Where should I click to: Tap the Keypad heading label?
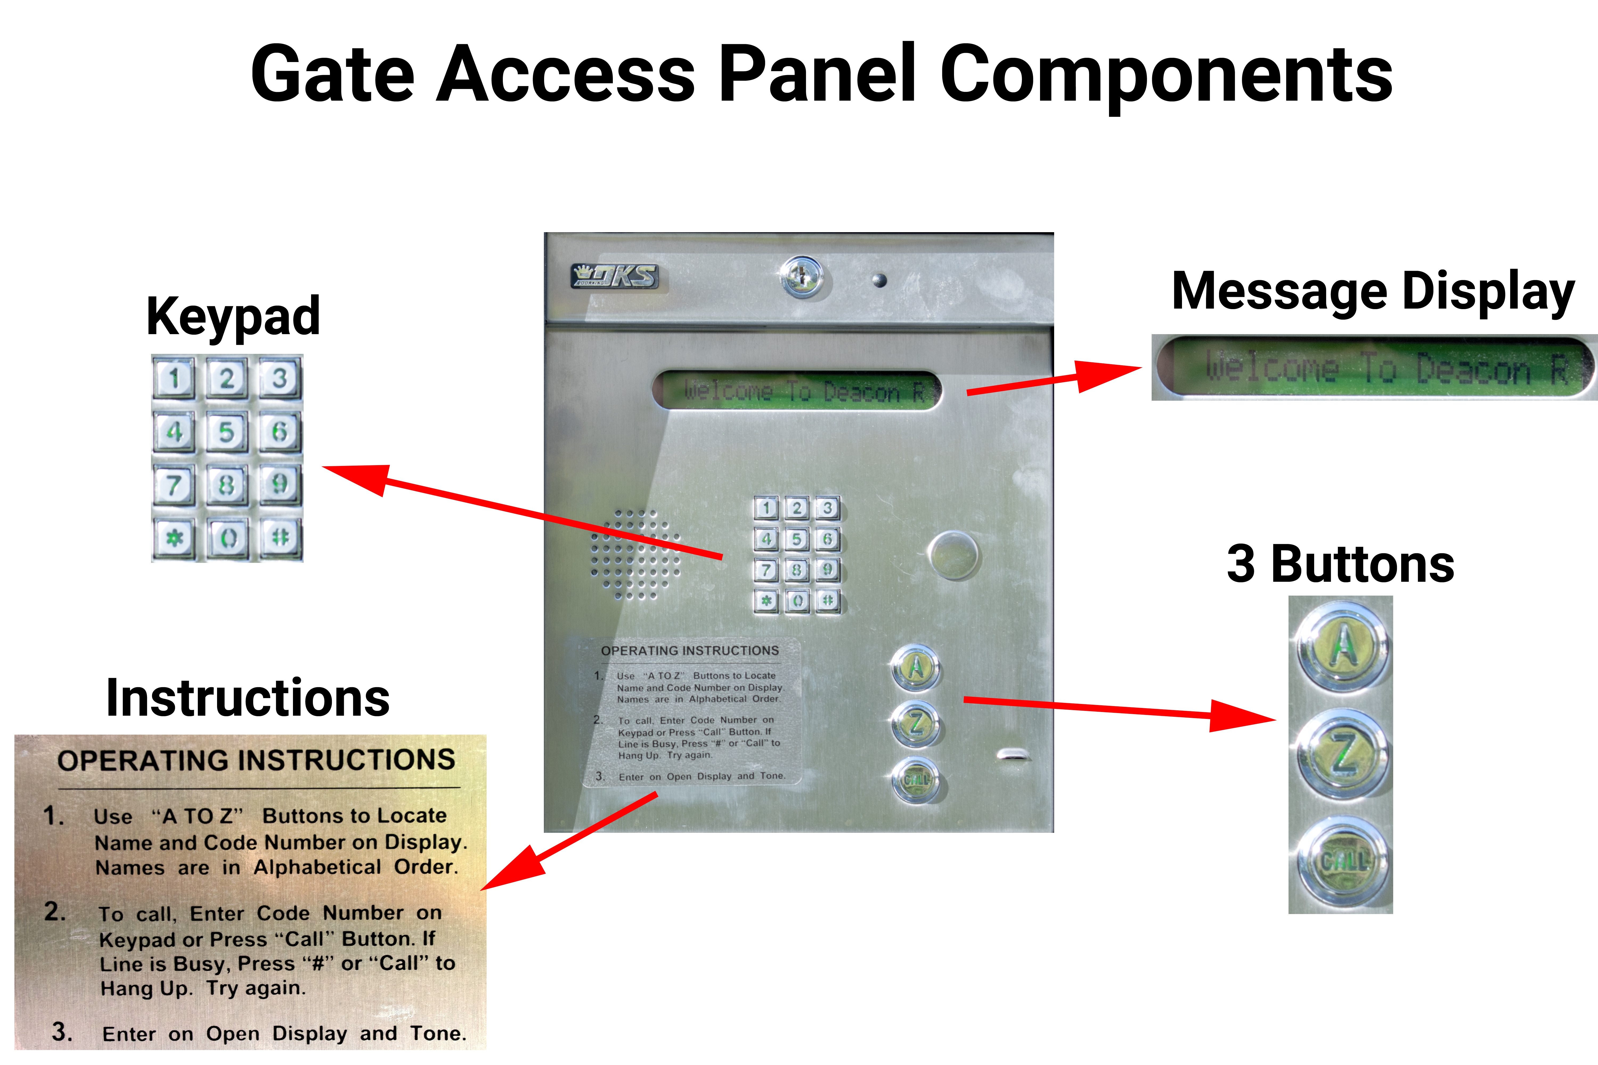pyautogui.click(x=233, y=317)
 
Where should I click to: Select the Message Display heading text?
pyautogui.click(x=1372, y=292)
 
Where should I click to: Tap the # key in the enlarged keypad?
pyautogui.click(x=280, y=538)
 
